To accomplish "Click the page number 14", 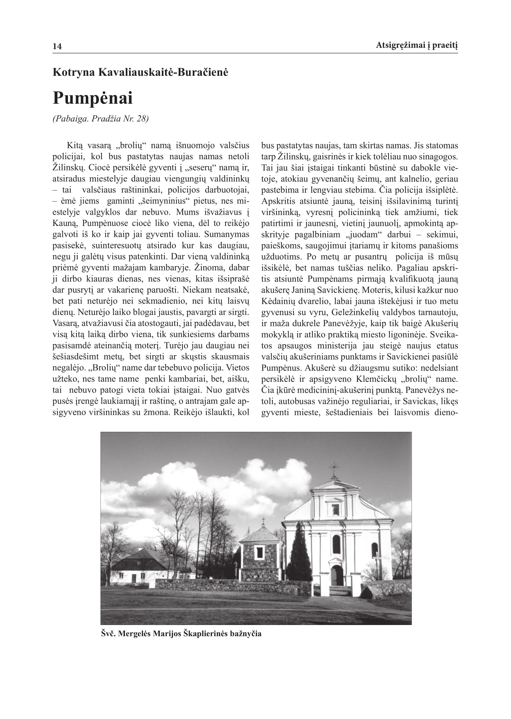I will (x=57, y=47).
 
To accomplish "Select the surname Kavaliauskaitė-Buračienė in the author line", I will (x=163, y=72).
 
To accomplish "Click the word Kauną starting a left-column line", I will (x=64, y=223).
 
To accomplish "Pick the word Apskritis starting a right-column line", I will (x=277, y=201).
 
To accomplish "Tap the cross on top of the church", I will (x=335, y=466).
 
